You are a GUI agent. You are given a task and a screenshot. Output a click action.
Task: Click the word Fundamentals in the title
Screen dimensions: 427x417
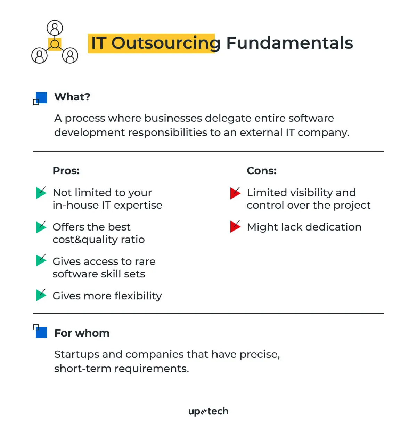point(289,43)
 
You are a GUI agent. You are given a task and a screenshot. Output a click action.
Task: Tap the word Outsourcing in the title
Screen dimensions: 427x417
point(166,43)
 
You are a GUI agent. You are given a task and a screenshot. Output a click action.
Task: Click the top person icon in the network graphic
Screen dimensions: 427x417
point(55,28)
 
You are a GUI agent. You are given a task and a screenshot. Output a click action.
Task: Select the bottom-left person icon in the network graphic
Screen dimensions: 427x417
point(40,56)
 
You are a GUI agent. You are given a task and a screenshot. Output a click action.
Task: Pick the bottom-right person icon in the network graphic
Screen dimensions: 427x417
point(70,56)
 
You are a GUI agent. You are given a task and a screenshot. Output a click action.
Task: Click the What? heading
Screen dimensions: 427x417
point(72,97)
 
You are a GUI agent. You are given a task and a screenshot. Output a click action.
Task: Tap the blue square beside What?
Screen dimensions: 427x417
point(41,98)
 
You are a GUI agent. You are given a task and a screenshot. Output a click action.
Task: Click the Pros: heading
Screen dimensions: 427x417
point(66,171)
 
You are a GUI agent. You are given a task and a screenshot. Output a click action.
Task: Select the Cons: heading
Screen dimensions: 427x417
point(262,171)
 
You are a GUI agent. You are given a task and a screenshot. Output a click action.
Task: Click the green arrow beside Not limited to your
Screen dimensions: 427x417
point(41,193)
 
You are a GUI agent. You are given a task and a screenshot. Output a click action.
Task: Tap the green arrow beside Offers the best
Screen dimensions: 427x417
point(41,227)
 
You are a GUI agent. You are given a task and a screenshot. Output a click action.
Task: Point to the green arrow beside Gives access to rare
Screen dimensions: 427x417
point(41,260)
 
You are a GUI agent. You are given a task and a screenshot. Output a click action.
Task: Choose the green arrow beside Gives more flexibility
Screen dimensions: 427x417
point(41,295)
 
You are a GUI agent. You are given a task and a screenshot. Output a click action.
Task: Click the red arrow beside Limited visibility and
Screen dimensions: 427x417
point(235,193)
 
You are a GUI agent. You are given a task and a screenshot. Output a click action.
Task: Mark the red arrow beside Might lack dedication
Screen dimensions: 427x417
point(235,227)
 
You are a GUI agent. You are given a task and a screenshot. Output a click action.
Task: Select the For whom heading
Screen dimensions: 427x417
point(82,333)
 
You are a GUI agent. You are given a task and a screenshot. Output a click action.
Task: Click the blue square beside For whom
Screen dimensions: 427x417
point(41,332)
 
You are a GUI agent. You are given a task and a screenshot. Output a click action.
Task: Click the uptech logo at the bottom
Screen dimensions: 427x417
point(208,411)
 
